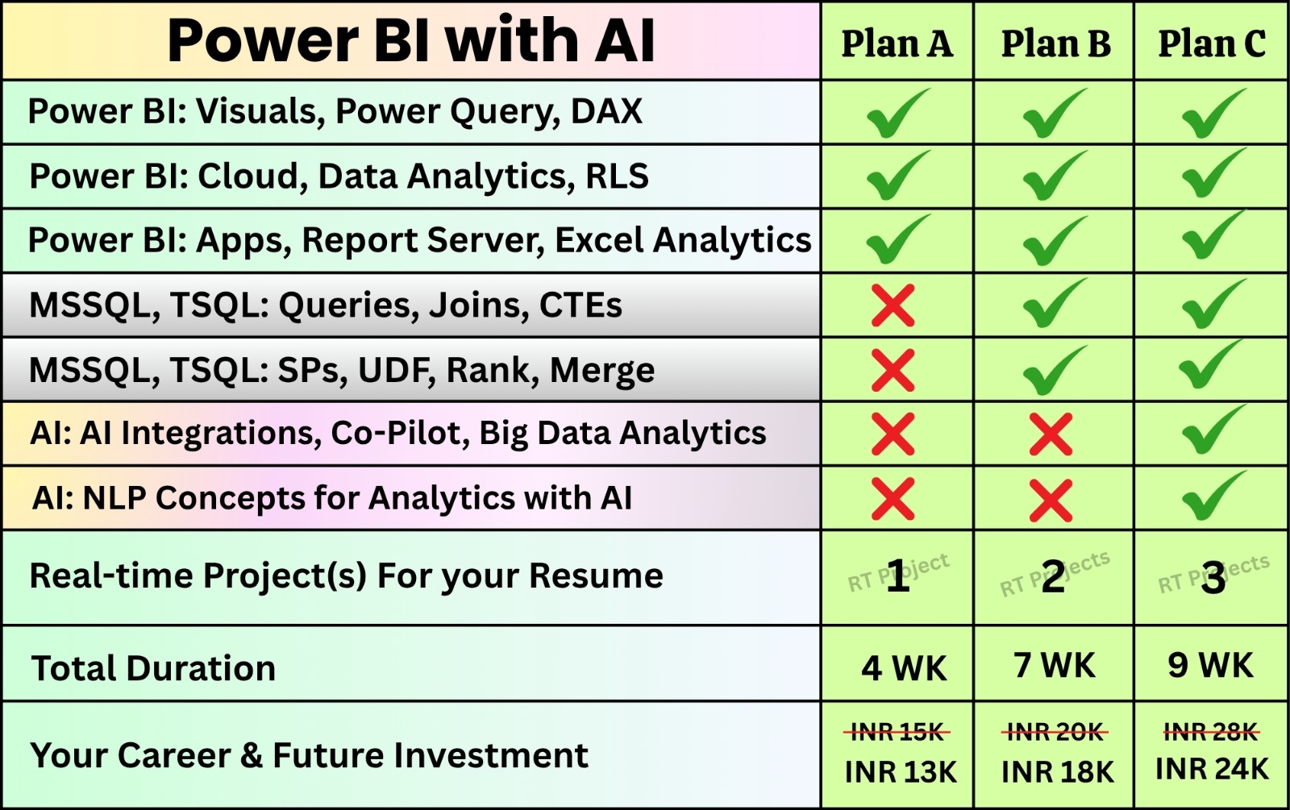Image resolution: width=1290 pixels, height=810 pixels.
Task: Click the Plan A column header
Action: coord(897,44)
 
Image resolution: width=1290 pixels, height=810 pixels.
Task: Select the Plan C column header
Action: coord(1211,44)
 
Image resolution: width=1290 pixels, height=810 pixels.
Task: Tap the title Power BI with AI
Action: coord(410,40)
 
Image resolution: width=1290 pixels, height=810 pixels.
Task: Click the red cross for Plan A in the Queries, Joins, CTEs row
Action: coord(893,305)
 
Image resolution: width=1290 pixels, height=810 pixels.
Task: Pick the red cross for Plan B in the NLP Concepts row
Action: coord(1051,500)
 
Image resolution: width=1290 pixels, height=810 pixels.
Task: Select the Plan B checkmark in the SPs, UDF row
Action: coord(1053,370)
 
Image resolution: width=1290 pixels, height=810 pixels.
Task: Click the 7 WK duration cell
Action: coord(1055,666)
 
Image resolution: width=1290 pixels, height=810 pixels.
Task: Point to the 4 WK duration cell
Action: coord(903,668)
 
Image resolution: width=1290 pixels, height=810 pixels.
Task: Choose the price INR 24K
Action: coord(1211,769)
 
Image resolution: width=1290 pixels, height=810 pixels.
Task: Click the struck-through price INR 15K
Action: coord(897,732)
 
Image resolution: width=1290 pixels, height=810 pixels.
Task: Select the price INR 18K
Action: coord(1056,771)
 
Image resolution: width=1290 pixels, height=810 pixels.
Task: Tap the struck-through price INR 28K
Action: coord(1210,732)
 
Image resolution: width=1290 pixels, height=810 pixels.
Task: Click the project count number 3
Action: coord(1213,579)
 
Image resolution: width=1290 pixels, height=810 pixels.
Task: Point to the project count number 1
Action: coord(897,578)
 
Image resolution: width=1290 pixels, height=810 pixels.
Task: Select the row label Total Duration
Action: coord(153,668)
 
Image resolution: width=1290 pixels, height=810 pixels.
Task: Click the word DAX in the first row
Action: coord(606,111)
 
